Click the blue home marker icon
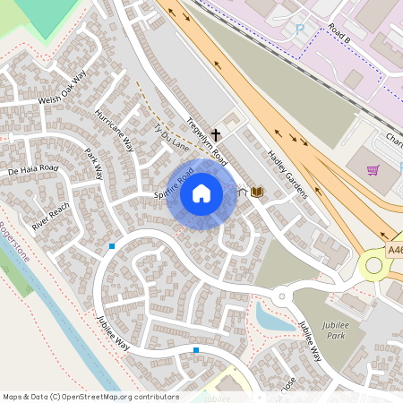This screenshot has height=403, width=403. (201, 193)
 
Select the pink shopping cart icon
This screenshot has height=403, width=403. (373, 169)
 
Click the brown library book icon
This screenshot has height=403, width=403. (257, 192)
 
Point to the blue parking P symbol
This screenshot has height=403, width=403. (300, 30)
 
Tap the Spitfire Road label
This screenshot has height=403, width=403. (173, 191)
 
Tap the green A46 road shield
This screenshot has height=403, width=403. (395, 253)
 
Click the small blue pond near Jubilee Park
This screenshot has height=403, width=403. (266, 315)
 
